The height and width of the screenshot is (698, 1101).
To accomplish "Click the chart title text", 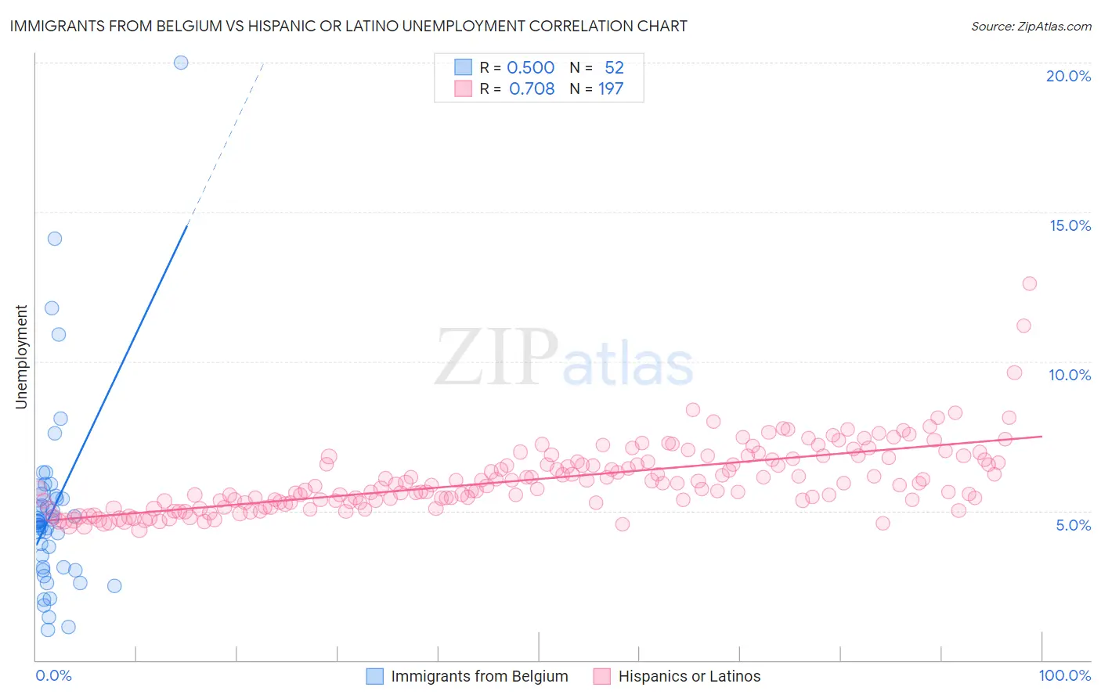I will [x=348, y=26].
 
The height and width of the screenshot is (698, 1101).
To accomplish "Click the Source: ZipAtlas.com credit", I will [x=1031, y=26].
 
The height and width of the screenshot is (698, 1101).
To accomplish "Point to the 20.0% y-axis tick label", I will [x=1068, y=76].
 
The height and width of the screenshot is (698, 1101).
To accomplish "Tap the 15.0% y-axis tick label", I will [x=1070, y=225].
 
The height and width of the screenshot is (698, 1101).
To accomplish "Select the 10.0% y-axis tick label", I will [x=1070, y=375].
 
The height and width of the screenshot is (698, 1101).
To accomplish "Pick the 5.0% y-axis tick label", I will [x=1073, y=525].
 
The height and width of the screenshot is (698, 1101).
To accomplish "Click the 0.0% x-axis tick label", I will [x=53, y=675].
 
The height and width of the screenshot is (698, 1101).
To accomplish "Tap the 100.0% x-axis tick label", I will [x=1064, y=675].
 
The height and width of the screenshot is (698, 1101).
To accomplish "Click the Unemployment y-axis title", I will [x=21, y=357].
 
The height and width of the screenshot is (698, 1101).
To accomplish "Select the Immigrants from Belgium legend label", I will [x=479, y=676].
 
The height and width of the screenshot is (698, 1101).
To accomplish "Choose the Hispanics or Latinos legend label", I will [x=689, y=676].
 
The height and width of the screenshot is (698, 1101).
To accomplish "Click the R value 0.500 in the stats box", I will [x=530, y=68].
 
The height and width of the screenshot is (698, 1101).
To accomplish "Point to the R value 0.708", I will [x=532, y=89].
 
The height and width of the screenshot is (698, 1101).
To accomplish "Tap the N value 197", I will [x=611, y=89].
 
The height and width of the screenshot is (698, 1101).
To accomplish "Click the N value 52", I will [x=614, y=68].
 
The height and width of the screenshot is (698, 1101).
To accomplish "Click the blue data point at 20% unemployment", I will [x=181, y=63].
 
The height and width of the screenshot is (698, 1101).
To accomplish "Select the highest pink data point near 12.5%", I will [x=1029, y=283].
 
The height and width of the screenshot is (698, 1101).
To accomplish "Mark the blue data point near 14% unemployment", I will [x=55, y=239].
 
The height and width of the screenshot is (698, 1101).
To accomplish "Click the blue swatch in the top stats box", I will [x=464, y=67].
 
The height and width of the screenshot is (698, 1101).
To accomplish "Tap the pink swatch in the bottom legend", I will [x=601, y=676].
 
